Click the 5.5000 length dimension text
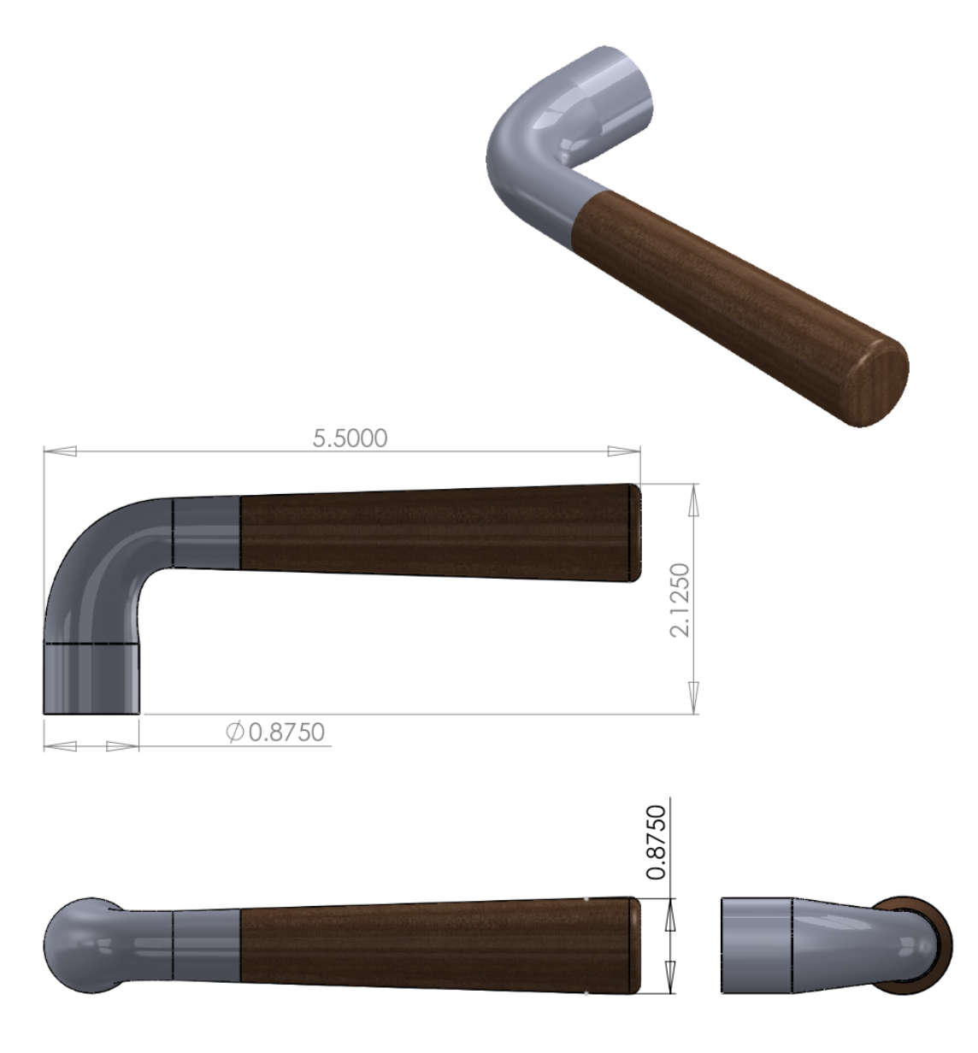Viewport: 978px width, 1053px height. click(351, 438)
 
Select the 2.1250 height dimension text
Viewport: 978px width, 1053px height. click(680, 599)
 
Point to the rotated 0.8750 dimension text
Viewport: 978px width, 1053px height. click(657, 842)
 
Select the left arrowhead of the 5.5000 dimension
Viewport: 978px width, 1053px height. click(60, 451)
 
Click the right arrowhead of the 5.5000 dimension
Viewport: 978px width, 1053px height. click(623, 451)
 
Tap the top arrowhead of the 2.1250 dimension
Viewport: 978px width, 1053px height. click(695, 499)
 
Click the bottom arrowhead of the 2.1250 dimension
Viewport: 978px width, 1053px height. click(695, 697)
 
